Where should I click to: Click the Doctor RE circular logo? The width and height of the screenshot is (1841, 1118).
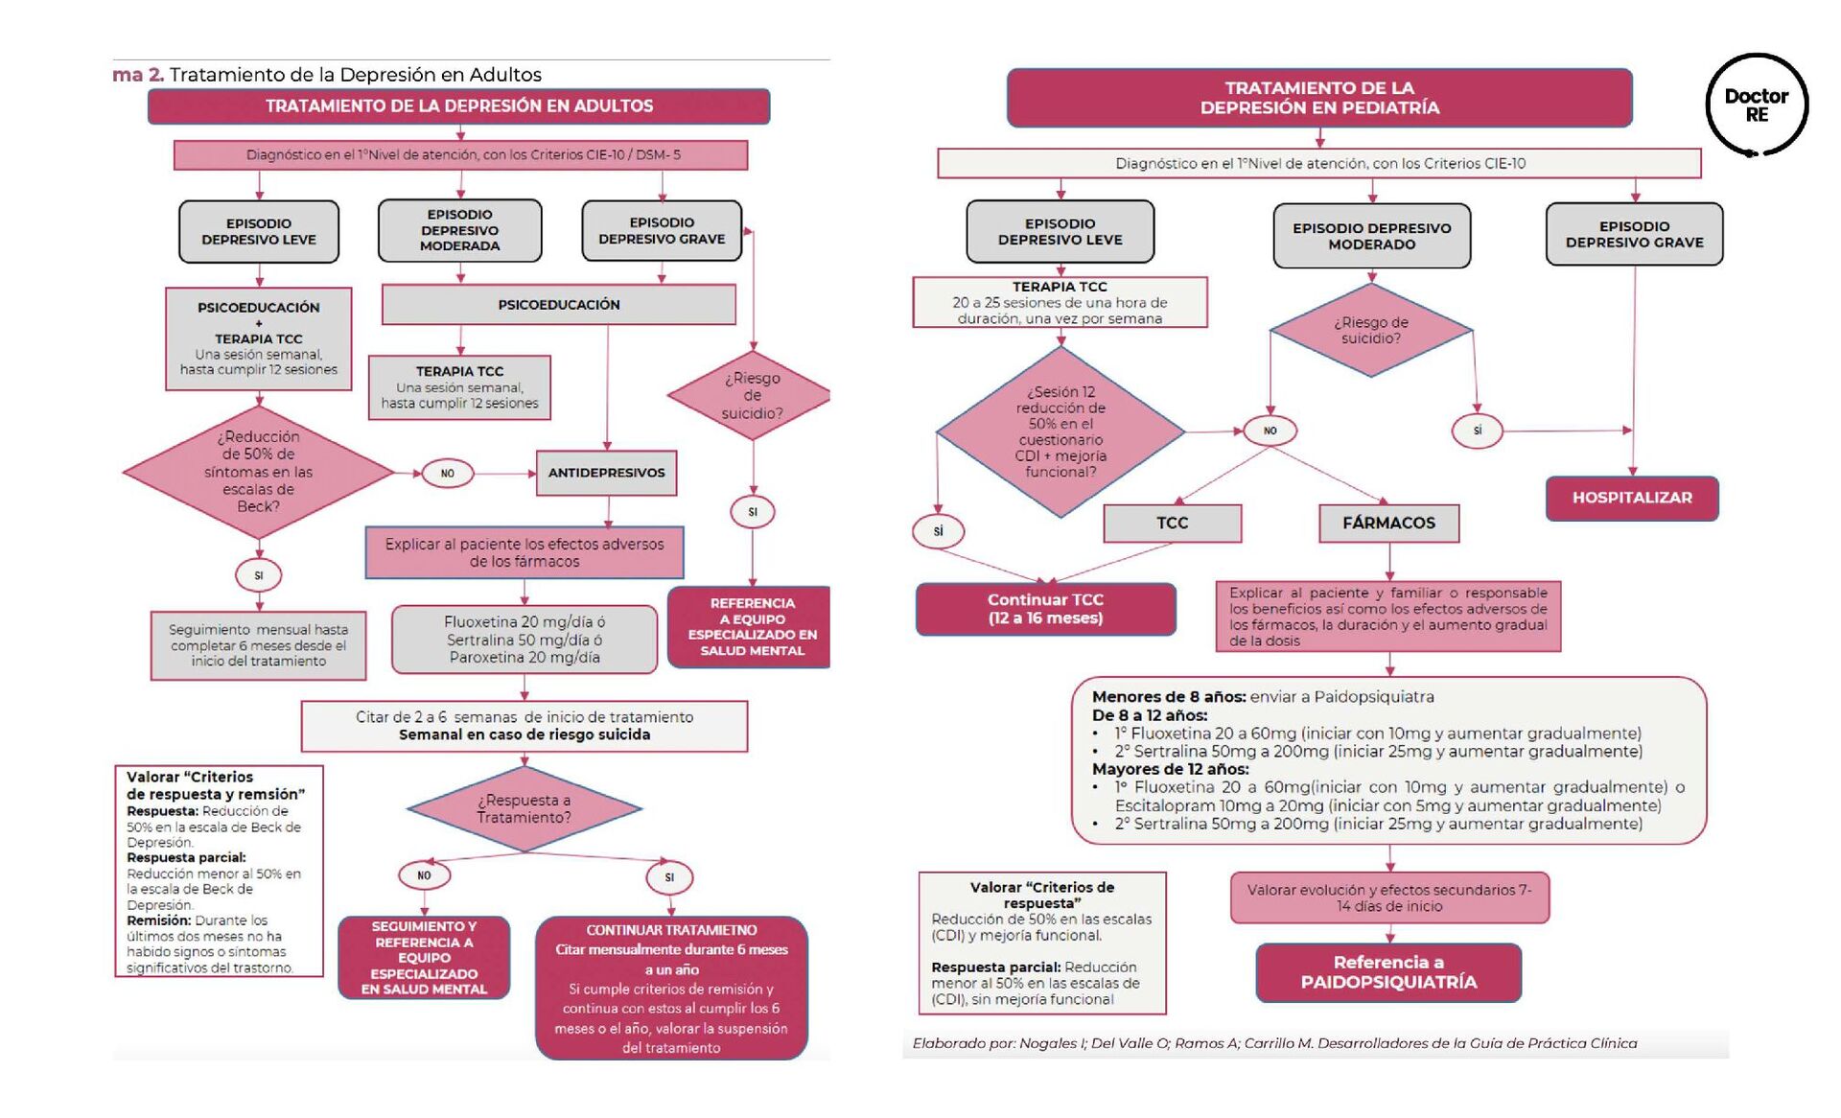[1756, 105]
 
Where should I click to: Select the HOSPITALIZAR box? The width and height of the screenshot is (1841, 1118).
[1631, 498]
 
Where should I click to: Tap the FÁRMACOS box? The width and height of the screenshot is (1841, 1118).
[1388, 523]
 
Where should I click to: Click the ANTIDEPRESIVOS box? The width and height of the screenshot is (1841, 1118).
[606, 473]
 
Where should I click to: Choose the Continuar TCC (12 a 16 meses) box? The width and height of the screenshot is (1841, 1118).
[1045, 609]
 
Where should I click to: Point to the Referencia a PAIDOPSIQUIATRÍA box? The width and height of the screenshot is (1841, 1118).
[1388, 972]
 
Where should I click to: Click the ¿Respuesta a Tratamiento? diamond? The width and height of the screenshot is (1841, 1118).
[524, 808]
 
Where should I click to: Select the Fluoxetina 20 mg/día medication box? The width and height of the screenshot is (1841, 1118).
[524, 640]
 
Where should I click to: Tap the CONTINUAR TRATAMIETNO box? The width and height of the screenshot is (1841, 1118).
[671, 988]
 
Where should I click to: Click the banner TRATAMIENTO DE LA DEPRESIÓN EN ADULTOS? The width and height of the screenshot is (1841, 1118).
[458, 106]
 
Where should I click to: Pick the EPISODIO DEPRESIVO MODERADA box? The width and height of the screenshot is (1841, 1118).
[459, 230]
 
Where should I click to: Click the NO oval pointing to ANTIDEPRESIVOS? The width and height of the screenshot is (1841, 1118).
[447, 473]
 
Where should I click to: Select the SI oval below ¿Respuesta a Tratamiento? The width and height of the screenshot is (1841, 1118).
[669, 877]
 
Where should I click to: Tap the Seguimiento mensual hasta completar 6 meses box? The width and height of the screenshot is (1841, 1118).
[258, 645]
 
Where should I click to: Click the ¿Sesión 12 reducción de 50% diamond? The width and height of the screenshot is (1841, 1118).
[1060, 431]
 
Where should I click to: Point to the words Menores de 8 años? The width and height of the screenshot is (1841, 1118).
[1168, 697]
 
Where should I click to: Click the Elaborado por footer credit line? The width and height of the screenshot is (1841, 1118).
[1274, 1043]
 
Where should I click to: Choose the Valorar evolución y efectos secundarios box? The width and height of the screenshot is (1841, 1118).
[1389, 897]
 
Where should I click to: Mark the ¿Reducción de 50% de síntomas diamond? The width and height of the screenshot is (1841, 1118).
[258, 471]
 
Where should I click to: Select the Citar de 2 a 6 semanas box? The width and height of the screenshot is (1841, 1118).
[524, 726]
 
